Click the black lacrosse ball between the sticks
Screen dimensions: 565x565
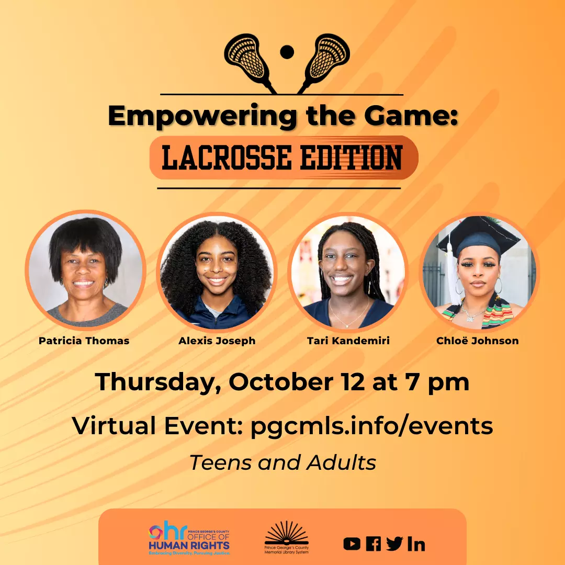pyautogui.click(x=287, y=52)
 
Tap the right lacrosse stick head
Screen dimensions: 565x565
pyautogui.click(x=329, y=55)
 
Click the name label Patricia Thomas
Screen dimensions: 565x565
pyautogui.click(x=84, y=341)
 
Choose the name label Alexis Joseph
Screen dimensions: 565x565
pyautogui.click(x=217, y=341)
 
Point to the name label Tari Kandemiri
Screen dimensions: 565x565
pyautogui.click(x=348, y=341)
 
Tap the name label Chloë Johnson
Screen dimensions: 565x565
pyautogui.click(x=478, y=341)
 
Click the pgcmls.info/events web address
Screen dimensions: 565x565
pyautogui.click(x=371, y=426)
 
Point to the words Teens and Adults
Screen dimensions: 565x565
pyautogui.click(x=282, y=462)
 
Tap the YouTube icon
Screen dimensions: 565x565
pyautogui.click(x=352, y=544)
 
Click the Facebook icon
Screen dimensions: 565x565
pyautogui.click(x=373, y=544)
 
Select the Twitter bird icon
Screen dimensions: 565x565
pyautogui.click(x=394, y=544)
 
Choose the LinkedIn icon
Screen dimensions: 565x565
pyautogui.click(x=416, y=544)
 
